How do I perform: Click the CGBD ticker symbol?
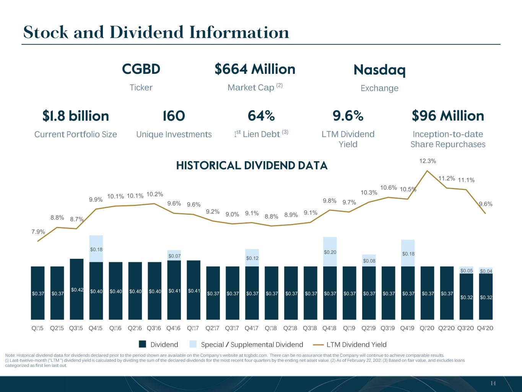[x=141, y=69]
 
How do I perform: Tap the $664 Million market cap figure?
[x=255, y=69]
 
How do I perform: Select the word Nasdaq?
[x=380, y=70]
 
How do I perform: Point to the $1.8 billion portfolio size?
[x=76, y=116]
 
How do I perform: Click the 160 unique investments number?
[x=174, y=116]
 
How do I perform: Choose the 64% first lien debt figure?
[x=261, y=116]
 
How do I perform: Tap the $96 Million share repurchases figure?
[x=448, y=116]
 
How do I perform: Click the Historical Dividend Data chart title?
[x=252, y=165]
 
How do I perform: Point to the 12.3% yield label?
[x=428, y=161]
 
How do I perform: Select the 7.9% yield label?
[x=38, y=232]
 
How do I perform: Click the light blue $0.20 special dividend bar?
[x=330, y=252]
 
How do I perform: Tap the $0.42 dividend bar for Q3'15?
[x=76, y=289]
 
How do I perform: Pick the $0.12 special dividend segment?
[x=252, y=258]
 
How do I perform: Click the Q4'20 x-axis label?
[x=485, y=328]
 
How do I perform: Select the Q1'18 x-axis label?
[x=271, y=328]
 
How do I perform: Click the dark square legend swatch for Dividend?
[x=142, y=344]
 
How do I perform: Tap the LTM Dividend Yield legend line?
[x=319, y=345]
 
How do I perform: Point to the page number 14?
[x=493, y=383]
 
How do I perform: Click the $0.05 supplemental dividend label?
[x=467, y=271]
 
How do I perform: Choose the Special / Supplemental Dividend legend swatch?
[x=193, y=344]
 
